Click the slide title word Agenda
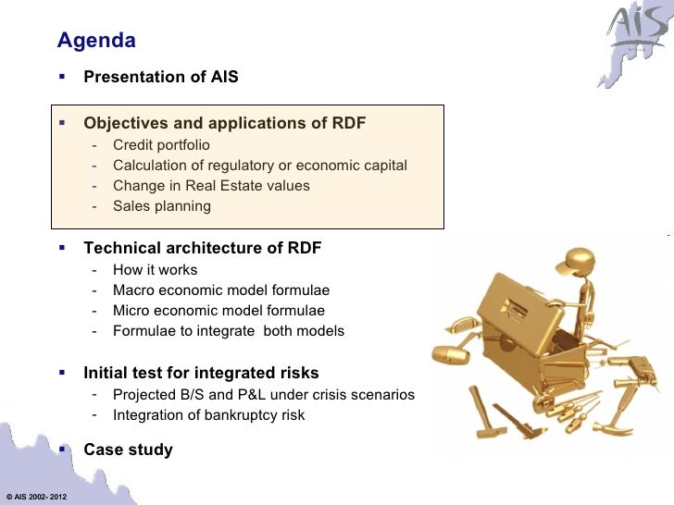96,41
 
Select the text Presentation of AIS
160,78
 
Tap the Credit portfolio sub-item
161,145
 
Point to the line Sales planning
161,206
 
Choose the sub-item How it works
155,270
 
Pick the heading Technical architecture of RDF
202,248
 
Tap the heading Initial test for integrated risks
201,374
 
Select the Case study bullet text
128,450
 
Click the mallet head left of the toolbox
445,354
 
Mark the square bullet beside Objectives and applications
62,122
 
